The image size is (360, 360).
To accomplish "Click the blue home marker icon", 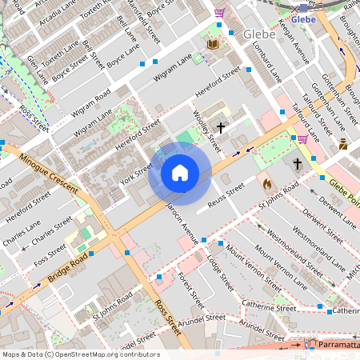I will pyautogui.click(x=180, y=173).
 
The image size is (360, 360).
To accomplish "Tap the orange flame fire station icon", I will pyautogui.click(x=266, y=183).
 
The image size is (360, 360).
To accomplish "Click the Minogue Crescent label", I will pyautogui.click(x=49, y=175).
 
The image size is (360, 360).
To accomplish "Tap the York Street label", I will pyautogui.click(x=137, y=174).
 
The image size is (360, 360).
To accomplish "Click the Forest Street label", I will pyautogui.click(x=192, y=290).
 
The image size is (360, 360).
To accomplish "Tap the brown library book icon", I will pyautogui.click(x=212, y=44).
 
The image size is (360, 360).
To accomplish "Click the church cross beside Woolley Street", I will pyautogui.click(x=219, y=126).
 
